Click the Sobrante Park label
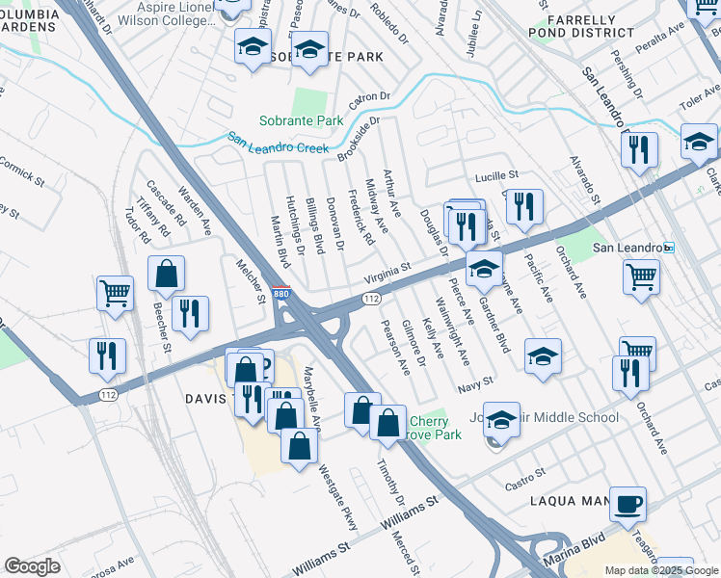click(301, 121)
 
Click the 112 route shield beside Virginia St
click(370, 300)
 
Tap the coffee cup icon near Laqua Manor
click(628, 504)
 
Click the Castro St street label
click(526, 474)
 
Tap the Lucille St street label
click(496, 176)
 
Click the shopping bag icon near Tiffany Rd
click(167, 275)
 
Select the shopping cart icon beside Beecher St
click(115, 292)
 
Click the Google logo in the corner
click(32, 566)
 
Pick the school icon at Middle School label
click(501, 419)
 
